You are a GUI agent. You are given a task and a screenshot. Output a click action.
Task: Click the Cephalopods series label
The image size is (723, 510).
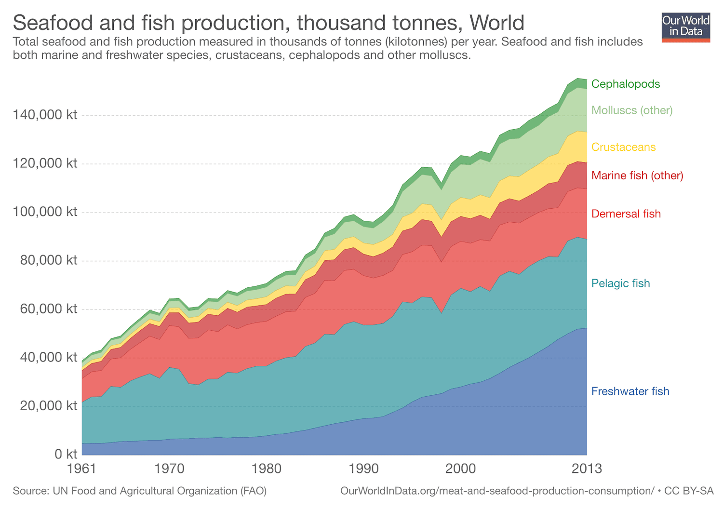click(x=625, y=84)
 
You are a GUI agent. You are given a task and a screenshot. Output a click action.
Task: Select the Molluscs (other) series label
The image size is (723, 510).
click(x=631, y=110)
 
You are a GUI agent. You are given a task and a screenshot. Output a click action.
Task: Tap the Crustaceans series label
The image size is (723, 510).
click(x=623, y=147)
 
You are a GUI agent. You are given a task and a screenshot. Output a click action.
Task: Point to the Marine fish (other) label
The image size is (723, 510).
click(x=637, y=175)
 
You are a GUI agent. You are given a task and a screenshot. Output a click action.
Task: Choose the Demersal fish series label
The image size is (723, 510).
click(x=626, y=214)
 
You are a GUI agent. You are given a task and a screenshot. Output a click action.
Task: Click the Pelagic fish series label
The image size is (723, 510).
click(x=620, y=283)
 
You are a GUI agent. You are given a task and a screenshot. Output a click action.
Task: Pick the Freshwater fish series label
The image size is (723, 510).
click(x=630, y=391)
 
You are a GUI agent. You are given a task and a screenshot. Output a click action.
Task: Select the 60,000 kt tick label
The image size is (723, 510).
click(x=48, y=309)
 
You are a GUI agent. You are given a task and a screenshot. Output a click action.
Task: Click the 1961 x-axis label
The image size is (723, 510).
click(x=82, y=469)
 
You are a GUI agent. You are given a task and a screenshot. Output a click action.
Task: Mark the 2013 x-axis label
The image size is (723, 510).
click(x=586, y=469)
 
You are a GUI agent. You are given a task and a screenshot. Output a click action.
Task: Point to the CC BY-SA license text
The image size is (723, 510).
click(x=689, y=491)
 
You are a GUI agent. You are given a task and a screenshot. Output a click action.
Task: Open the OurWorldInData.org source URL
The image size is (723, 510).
click(x=497, y=491)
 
